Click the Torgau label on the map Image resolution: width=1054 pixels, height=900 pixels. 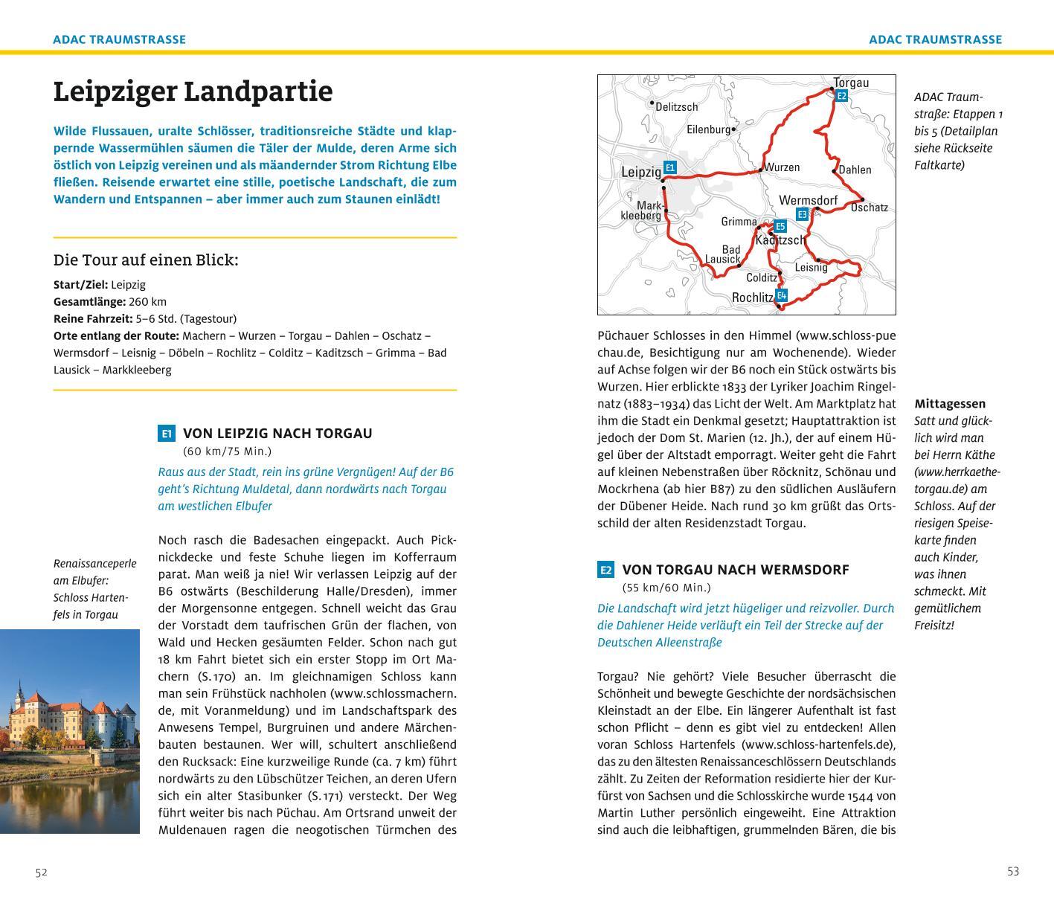[851, 83]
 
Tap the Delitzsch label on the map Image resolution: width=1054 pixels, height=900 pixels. [677, 107]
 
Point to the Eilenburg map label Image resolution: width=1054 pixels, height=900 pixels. [709, 129]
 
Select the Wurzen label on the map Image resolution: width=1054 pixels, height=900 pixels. [782, 167]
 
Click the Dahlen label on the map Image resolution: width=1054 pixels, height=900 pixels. [855, 170]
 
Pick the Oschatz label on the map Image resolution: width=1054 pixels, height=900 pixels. [870, 208]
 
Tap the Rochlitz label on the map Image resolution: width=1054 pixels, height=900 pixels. [753, 298]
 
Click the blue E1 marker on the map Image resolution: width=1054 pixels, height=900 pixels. [669, 168]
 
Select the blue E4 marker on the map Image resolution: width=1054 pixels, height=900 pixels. [781, 295]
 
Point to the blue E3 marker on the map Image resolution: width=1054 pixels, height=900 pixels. [802, 214]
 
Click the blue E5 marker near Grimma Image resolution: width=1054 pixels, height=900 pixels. [780, 227]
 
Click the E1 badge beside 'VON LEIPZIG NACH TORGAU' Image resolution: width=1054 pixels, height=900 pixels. [167, 434]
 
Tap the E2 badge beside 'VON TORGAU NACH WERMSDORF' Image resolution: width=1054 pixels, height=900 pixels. [605, 570]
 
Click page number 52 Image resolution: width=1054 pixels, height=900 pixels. [42, 872]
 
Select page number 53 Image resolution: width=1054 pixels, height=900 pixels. [1013, 872]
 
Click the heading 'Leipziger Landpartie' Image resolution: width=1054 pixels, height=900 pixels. [193, 91]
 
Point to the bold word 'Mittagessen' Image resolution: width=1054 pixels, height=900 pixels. [950, 404]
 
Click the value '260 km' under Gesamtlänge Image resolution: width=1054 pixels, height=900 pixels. [147, 302]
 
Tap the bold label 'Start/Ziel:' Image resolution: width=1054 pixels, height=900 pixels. [80, 285]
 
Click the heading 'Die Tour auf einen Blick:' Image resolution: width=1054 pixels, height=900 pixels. [146, 260]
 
